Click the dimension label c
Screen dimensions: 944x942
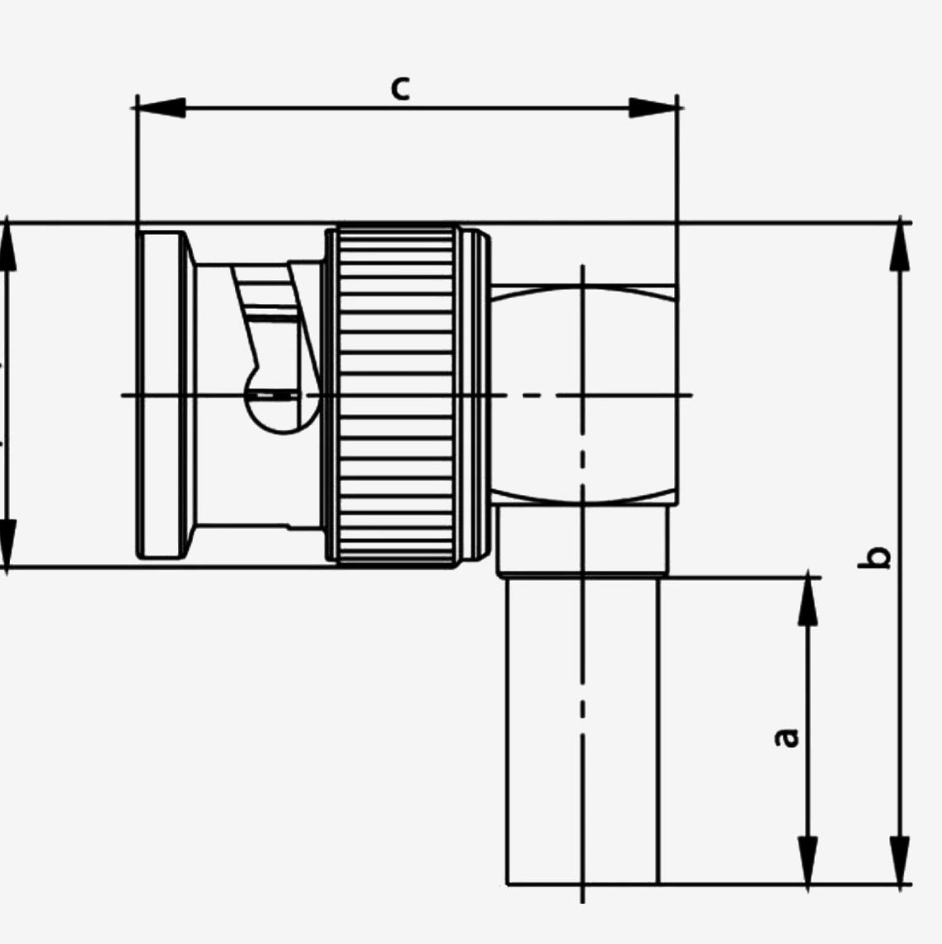tap(400, 87)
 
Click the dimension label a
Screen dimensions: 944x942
tap(788, 736)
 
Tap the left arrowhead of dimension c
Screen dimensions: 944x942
tap(161, 107)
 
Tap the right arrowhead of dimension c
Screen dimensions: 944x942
tap(653, 107)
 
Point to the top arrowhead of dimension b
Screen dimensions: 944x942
tap(902, 246)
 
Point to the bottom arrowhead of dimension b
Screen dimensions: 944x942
tap(902, 861)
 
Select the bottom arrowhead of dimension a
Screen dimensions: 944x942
tap(808, 861)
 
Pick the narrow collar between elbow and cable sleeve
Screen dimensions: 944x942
tap(582, 540)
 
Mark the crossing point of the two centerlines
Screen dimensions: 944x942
tap(583, 395)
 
